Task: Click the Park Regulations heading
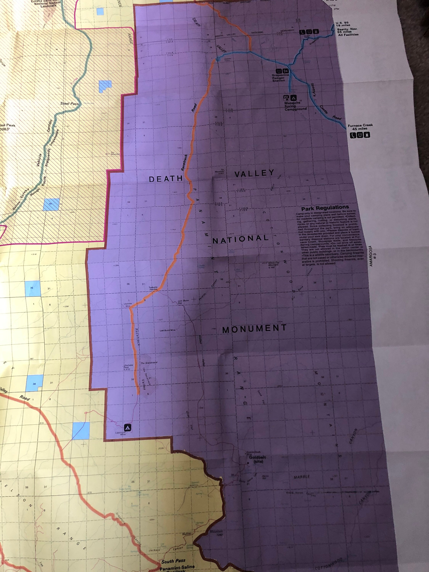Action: coord(325,207)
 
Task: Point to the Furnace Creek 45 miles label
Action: coord(360,127)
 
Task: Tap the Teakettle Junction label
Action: coord(153,288)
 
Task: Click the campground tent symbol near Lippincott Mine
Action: coord(128,427)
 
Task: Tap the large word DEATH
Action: coord(166,179)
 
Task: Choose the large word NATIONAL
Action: coord(240,239)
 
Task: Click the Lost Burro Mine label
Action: coord(168,330)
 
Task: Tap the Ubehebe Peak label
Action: coord(128,367)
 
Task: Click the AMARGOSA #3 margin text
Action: coord(373,259)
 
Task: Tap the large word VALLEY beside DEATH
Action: coord(254,174)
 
